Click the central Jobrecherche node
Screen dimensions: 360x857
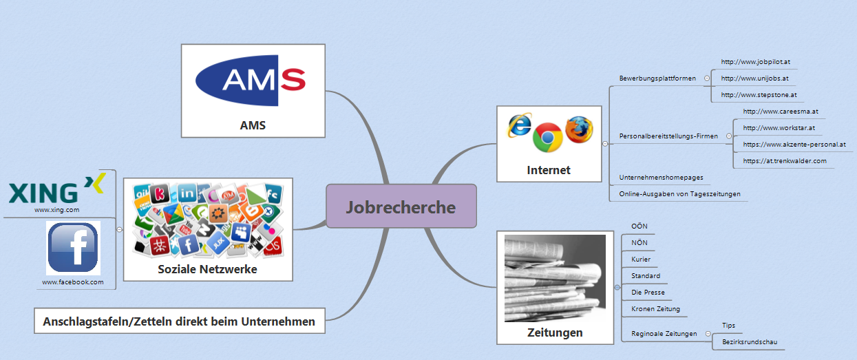(401, 206)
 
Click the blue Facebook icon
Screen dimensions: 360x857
(73, 248)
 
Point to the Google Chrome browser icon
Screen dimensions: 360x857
(547, 137)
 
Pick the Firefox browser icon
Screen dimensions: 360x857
(578, 129)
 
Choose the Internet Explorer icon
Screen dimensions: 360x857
(520, 125)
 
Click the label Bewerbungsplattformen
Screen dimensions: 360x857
(657, 78)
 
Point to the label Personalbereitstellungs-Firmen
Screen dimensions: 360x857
(668, 136)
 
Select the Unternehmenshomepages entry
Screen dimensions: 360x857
(661, 178)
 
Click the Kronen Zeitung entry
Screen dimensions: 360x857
(655, 309)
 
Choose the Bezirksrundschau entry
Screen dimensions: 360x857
(750, 341)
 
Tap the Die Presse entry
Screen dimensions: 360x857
(648, 293)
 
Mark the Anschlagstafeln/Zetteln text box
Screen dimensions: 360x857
(179, 321)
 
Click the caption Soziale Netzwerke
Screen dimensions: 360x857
(207, 269)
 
